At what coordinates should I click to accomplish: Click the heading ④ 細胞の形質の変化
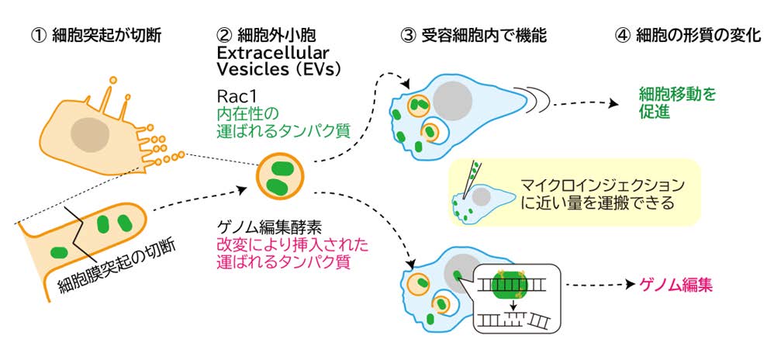pos(682,36)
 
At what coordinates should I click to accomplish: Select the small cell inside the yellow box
pos(476,200)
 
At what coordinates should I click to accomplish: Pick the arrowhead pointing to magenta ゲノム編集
pos(627,286)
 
